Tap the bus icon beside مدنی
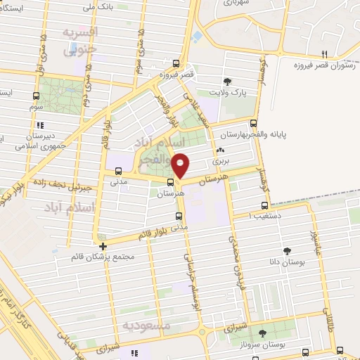point(117,171)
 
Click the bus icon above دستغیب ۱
point(264,206)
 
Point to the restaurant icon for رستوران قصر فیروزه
point(324,54)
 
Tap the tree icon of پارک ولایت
point(226,81)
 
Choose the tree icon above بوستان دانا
point(288,250)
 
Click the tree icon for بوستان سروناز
point(262,333)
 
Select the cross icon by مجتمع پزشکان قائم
point(103,246)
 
